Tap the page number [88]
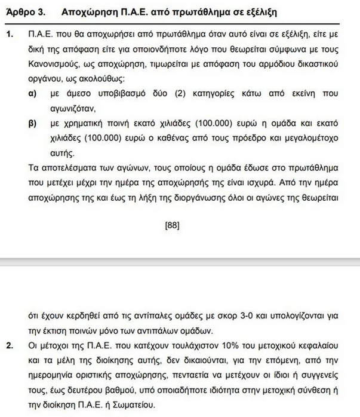(171, 226)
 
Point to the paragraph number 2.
(9, 345)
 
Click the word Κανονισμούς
(57, 65)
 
